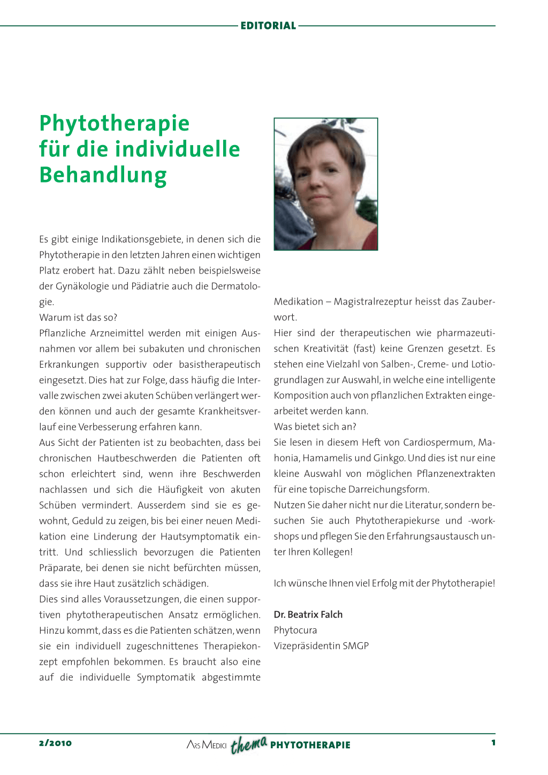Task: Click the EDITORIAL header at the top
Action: coord(268,26)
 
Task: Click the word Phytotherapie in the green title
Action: coord(115,123)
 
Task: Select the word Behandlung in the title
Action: coord(103,175)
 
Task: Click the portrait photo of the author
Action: coord(326,184)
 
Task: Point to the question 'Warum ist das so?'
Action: coord(78,317)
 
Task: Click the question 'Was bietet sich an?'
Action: coord(315,427)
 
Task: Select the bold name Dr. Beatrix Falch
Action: coord(308,614)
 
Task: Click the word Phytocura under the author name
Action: coord(295,630)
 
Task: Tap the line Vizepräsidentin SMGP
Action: coord(321,645)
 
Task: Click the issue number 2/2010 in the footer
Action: coord(55,743)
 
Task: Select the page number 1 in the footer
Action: coord(493,742)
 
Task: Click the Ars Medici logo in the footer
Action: coord(207,744)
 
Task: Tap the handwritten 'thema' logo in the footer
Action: coord(249,744)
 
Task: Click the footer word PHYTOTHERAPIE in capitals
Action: coord(310,745)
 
